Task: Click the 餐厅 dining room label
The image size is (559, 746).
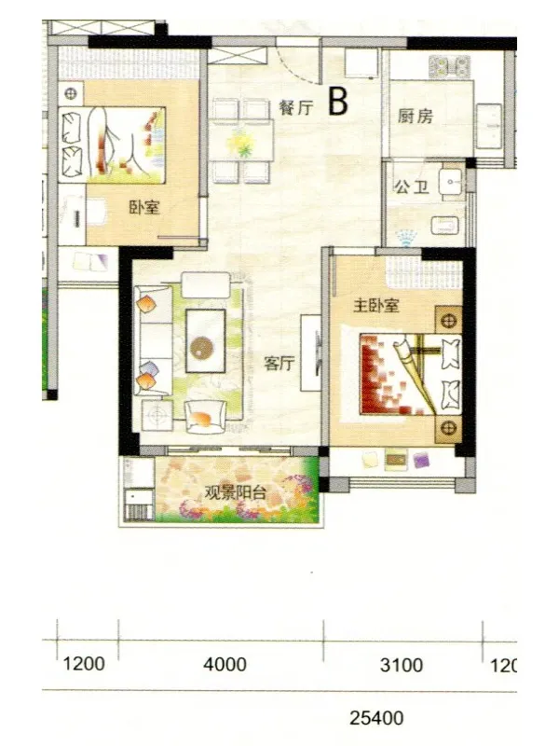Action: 295,107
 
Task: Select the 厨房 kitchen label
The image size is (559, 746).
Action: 416,116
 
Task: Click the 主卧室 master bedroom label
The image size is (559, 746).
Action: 376,305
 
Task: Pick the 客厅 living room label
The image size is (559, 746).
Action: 279,364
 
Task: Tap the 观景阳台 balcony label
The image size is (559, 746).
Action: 235,492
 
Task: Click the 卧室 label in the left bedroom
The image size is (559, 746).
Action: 144,207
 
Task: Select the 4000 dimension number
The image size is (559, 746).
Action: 225,664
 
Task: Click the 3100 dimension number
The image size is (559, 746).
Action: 402,665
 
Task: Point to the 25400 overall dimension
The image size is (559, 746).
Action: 376,718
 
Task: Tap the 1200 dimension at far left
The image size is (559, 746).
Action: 84,663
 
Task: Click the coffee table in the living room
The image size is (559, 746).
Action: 206,340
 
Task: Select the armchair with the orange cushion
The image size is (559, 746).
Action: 205,417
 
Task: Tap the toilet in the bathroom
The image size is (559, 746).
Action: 445,226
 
